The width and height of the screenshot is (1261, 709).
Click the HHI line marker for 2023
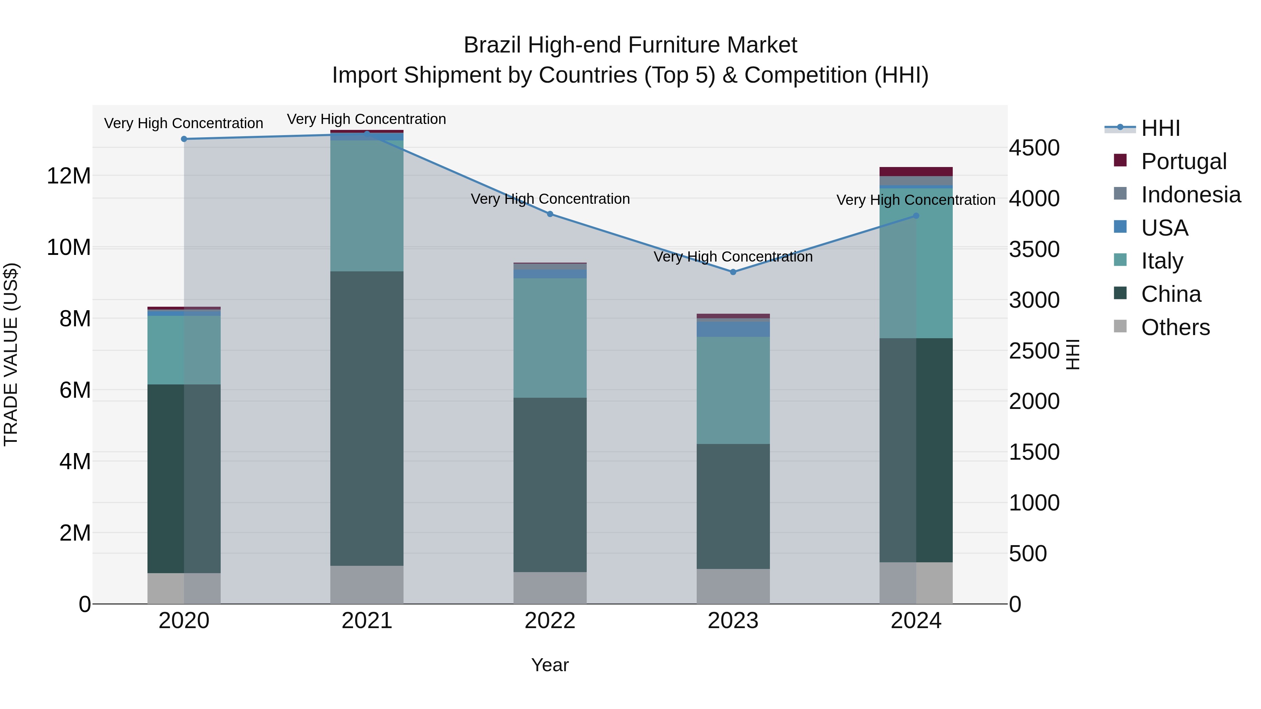click(733, 272)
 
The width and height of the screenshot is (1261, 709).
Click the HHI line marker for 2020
click(184, 139)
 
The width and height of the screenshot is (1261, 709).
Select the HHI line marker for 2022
click(550, 214)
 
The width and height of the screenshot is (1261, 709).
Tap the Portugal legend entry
click(1183, 161)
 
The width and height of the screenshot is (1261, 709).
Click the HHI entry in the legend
click(1160, 128)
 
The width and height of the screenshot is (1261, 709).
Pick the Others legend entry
click(1175, 327)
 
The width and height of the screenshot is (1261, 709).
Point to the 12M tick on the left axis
click(69, 176)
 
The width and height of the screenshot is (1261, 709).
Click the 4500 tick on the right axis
click(1034, 148)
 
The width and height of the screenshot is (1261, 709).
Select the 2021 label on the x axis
click(367, 621)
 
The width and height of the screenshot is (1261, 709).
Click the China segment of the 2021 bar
click(367, 418)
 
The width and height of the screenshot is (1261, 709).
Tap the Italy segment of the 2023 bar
click(733, 390)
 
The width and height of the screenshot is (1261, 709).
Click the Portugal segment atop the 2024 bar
click(916, 171)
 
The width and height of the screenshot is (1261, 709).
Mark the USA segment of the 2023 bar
click(733, 329)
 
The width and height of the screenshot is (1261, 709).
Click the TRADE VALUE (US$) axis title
click(11, 354)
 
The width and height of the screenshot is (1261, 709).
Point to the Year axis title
click(550, 665)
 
